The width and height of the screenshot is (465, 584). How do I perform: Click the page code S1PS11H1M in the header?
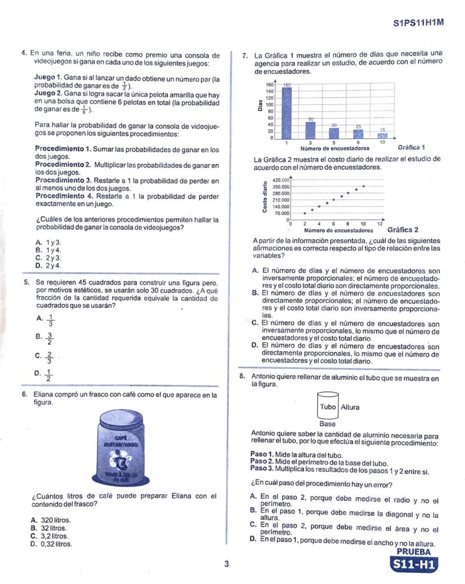(418, 23)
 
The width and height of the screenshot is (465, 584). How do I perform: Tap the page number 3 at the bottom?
(226, 564)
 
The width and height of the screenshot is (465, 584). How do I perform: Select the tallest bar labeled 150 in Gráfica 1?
(286, 112)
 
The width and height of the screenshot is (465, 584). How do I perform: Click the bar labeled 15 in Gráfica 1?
(382, 135)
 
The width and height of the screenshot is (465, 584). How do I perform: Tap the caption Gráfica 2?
(403, 230)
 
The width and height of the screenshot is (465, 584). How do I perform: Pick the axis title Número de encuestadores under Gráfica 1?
(335, 149)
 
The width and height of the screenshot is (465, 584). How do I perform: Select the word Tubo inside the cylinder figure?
(328, 407)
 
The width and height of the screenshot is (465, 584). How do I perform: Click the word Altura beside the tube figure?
(350, 407)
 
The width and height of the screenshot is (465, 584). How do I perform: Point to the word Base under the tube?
(327, 424)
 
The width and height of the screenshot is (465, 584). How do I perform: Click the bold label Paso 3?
(262, 468)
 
